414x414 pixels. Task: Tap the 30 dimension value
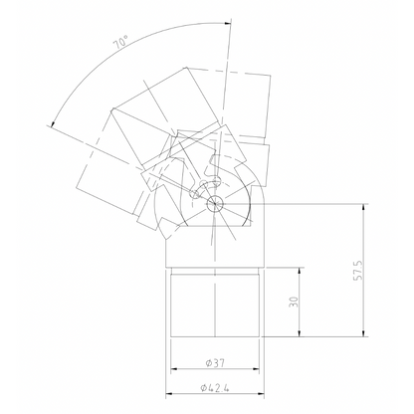click(296, 303)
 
